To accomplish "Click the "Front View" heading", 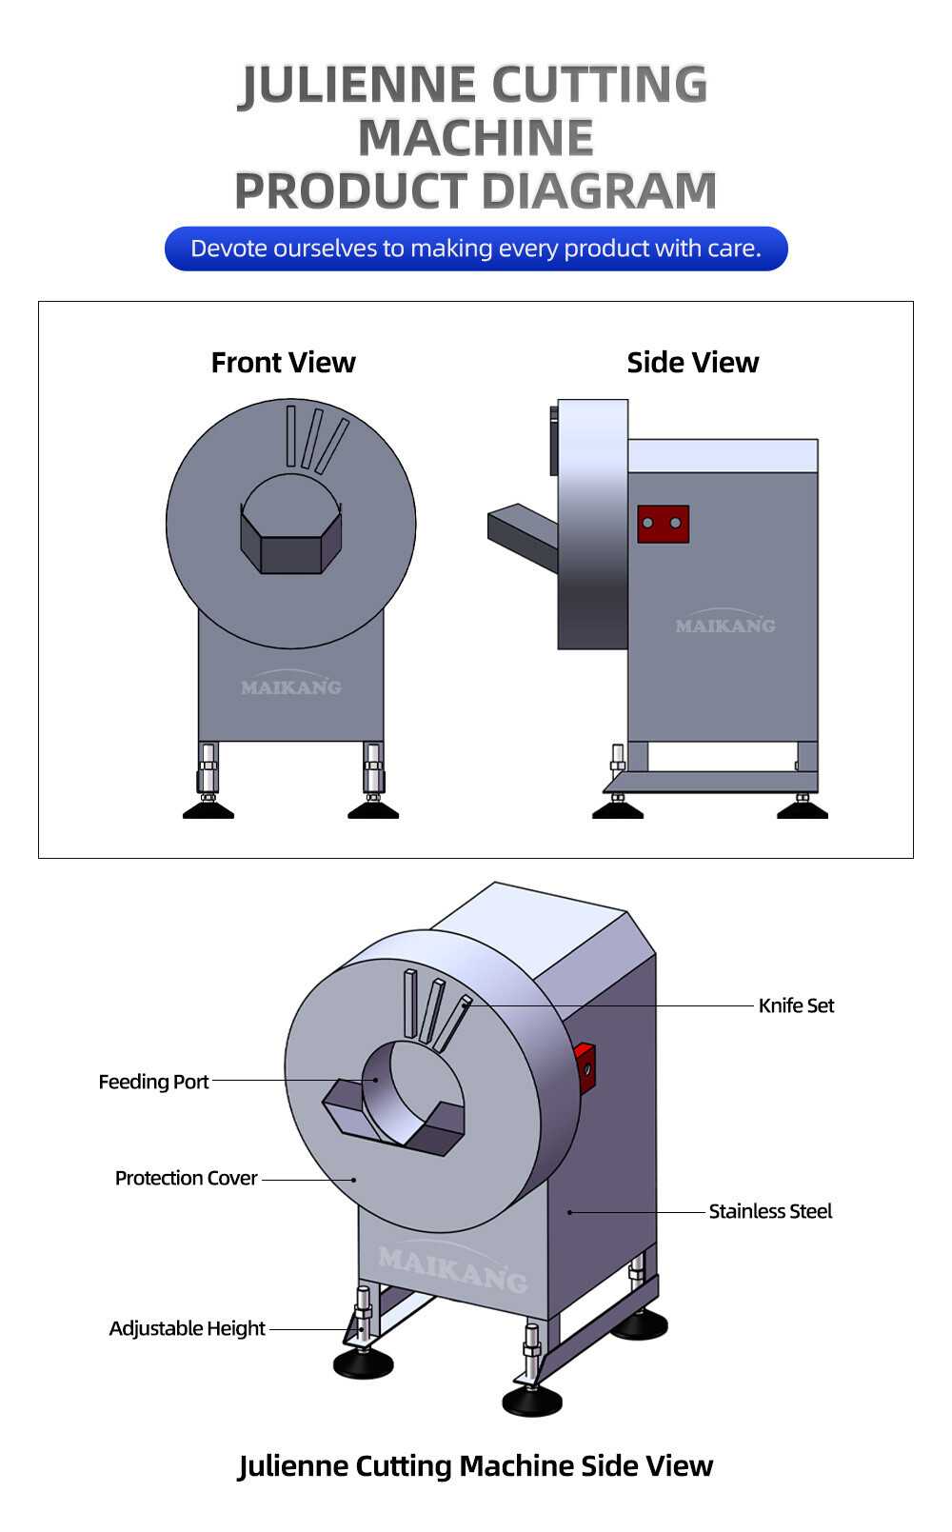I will (x=283, y=363).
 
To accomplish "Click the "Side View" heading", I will (x=692, y=363).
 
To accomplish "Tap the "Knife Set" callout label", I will (x=796, y=1005).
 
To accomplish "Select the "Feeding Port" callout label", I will (x=153, y=1082).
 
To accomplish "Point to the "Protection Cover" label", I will (x=186, y=1178).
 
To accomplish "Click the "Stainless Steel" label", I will (x=770, y=1211).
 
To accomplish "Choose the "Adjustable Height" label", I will (x=187, y=1328).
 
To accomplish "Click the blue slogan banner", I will (x=476, y=249).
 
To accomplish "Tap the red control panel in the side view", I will (x=663, y=524).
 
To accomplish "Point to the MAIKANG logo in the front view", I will (x=290, y=686).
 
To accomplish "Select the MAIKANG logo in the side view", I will (x=724, y=625).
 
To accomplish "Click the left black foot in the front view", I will (x=208, y=810).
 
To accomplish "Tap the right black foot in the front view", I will (x=373, y=810).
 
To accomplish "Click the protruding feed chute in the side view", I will (x=522, y=532).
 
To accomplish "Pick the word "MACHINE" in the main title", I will (x=476, y=138).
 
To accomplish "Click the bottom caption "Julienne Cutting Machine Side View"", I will (x=476, y=1465).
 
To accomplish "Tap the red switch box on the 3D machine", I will (x=585, y=1066).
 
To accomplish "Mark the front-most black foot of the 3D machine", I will (x=532, y=1401).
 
